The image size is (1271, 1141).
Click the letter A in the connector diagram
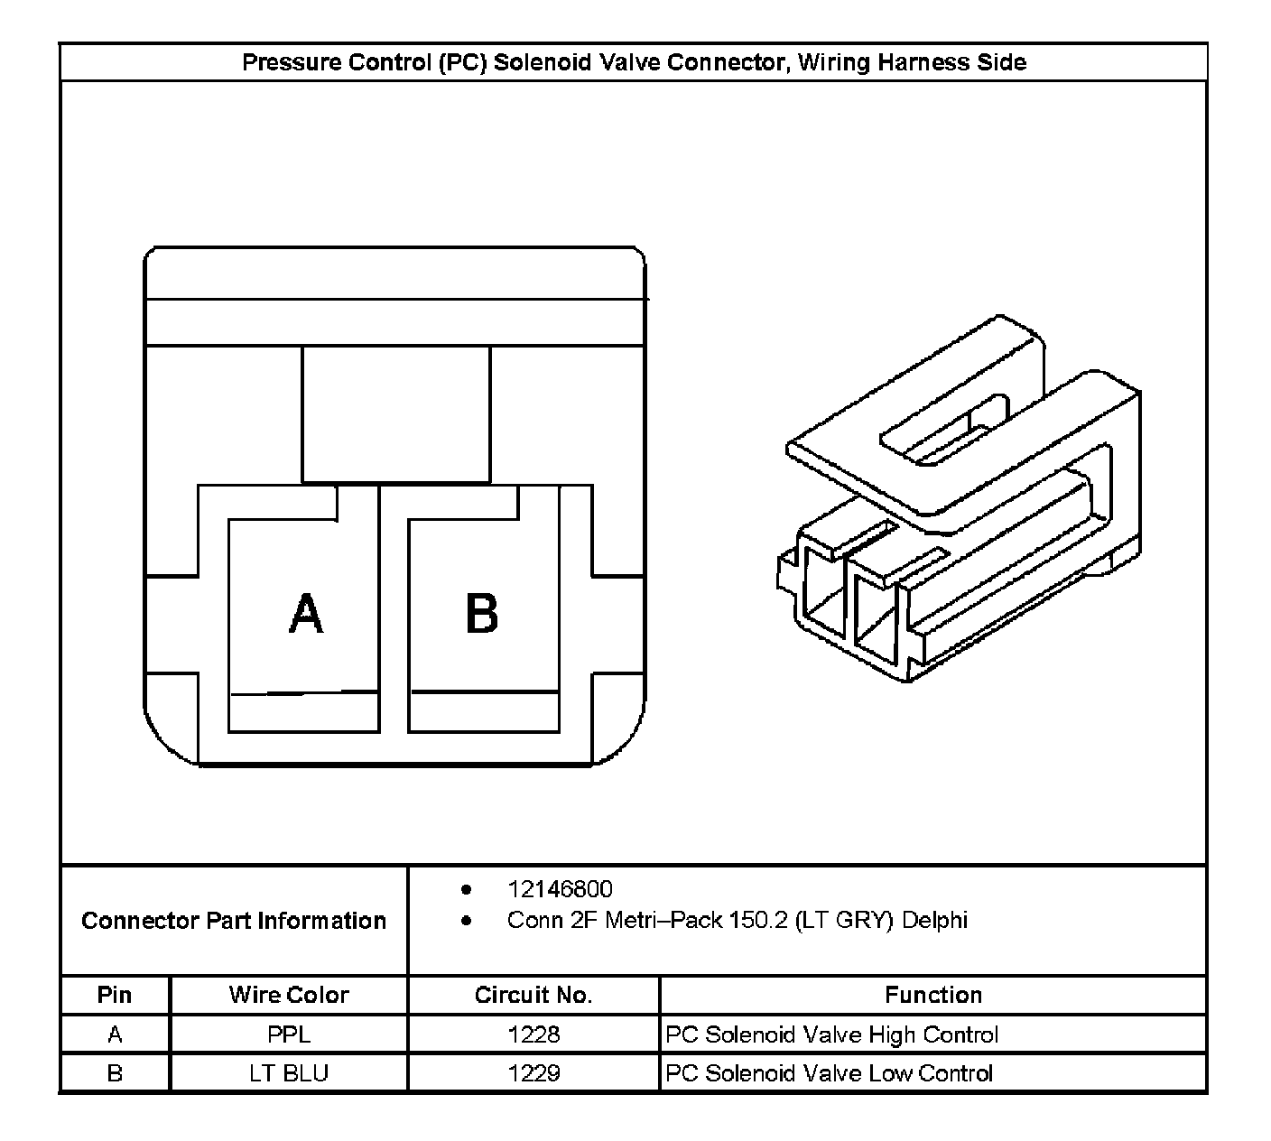coord(306,615)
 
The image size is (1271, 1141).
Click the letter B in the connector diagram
coord(481,615)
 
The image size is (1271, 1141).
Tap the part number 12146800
coord(560,889)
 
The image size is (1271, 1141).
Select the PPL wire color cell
coord(289,1034)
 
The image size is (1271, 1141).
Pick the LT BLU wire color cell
coord(289,1073)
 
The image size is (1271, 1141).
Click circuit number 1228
coord(533,1034)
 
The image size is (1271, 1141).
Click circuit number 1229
coord(533,1073)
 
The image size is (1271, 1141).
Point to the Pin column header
coord(115,995)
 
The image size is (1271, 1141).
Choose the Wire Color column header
coord(289,995)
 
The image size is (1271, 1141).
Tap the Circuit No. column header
coord(533,995)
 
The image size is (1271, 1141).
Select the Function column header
coord(933,995)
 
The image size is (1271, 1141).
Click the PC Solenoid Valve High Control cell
coord(831,1034)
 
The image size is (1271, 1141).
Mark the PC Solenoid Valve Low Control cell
coord(829,1073)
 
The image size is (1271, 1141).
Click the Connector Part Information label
coord(234,921)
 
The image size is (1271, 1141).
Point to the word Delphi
coord(934,921)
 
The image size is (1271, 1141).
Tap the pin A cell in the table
coord(115,1034)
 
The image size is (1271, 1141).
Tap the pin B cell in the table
coord(115,1073)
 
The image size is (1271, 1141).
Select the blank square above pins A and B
coord(396,414)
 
